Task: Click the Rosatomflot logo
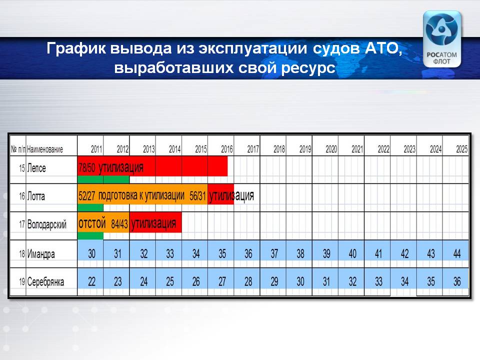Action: pos(441,39)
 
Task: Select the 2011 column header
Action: pos(96,149)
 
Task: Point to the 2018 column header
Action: pos(279,149)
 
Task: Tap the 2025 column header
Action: pos(462,149)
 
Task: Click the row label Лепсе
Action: pos(36,168)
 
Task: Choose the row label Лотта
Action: pos(36,196)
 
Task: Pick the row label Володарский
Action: pos(47,224)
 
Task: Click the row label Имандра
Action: pos(41,254)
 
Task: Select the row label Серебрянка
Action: pos(45,281)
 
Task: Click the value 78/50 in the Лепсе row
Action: pos(87,168)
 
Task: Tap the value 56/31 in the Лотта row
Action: pos(198,196)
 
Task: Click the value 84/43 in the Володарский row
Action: pos(119,224)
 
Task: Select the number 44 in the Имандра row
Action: pos(456,253)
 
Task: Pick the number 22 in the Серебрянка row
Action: pos(92,281)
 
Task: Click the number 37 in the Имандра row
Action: pos(274,253)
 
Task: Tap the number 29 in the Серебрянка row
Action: pos(274,281)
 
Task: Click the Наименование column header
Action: pos(45,149)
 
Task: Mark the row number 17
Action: pos(22,224)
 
